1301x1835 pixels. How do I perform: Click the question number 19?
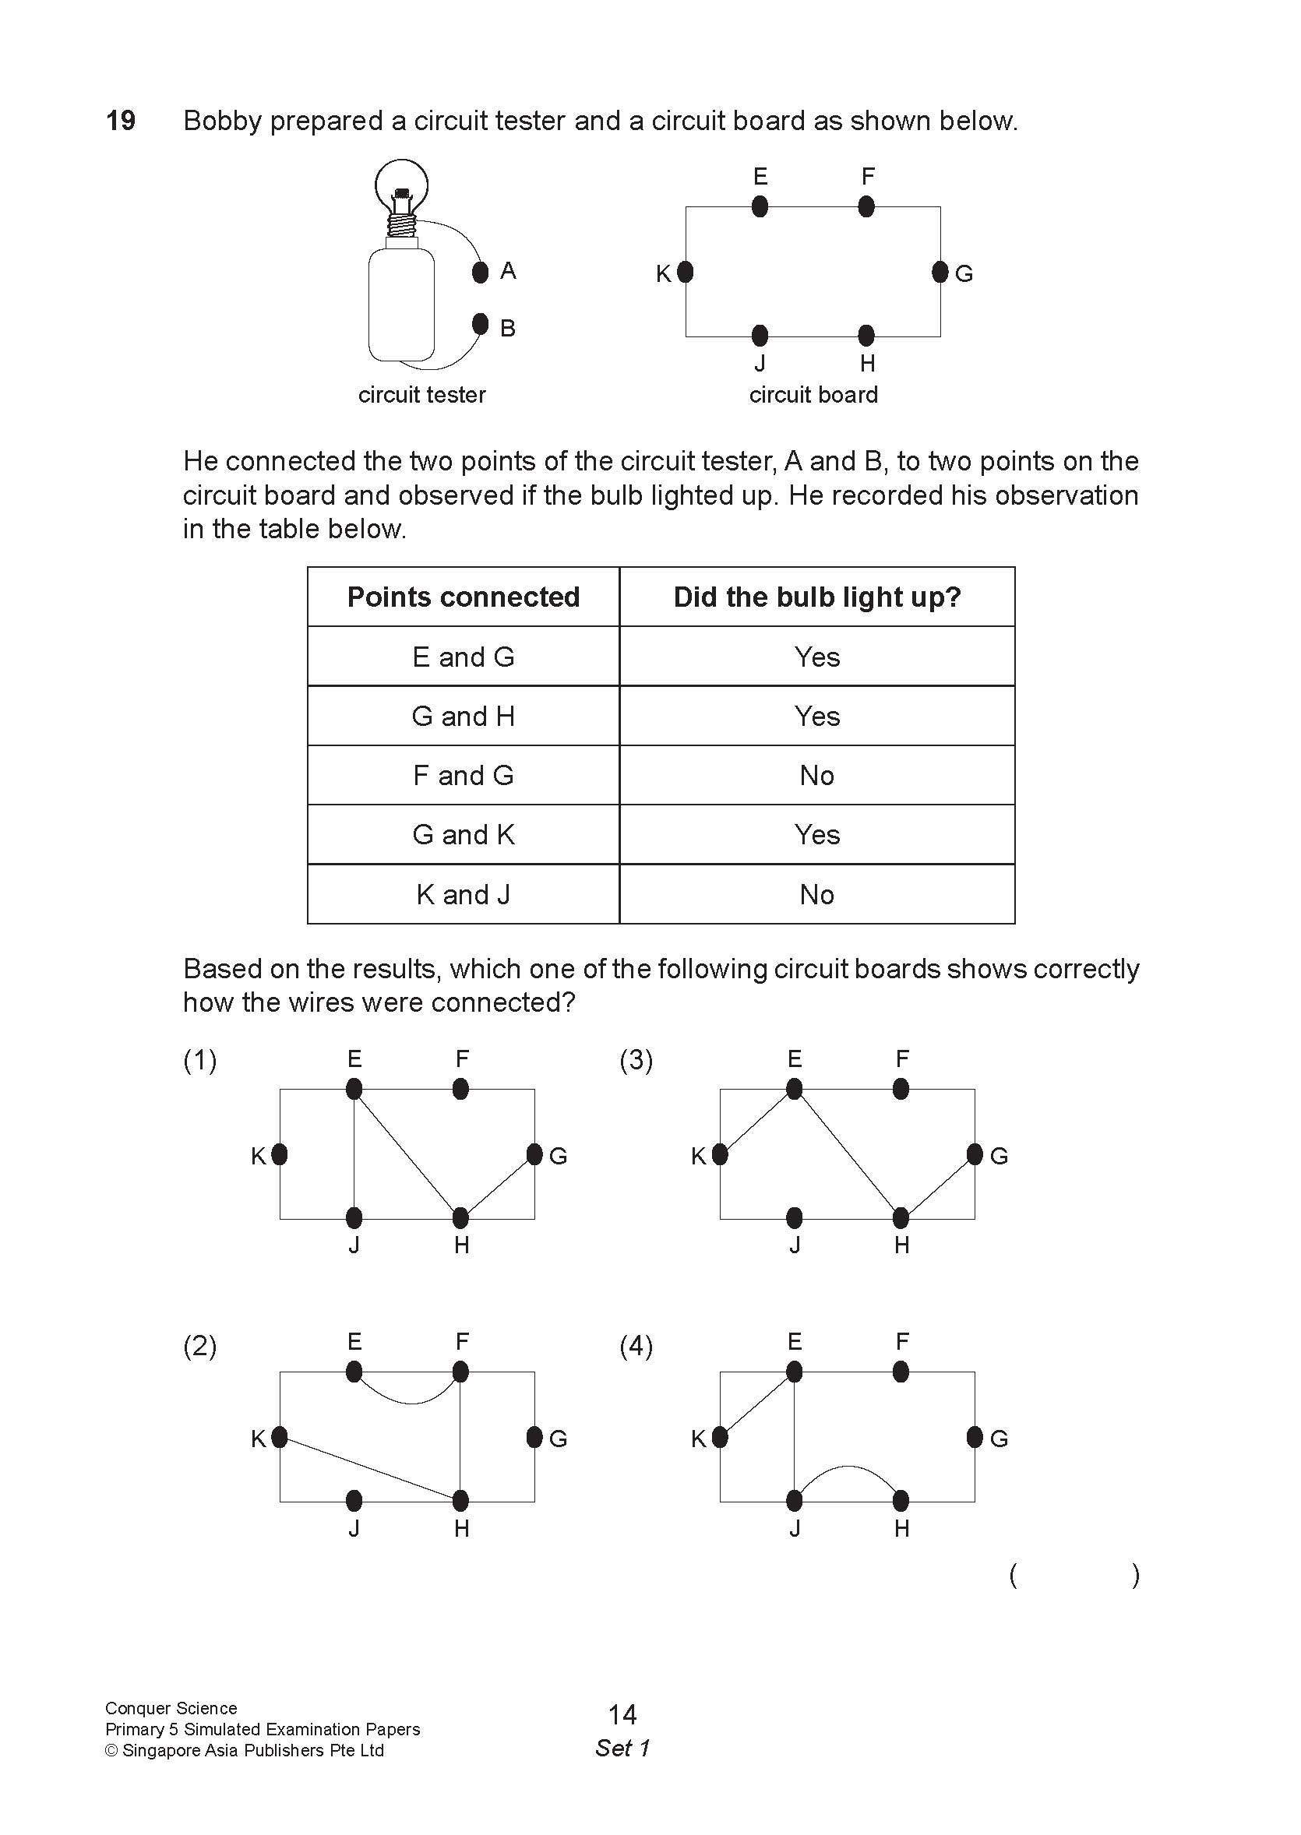(121, 121)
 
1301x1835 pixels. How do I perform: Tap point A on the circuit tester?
(481, 273)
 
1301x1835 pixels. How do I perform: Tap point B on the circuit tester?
(481, 323)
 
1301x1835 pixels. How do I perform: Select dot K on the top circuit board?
(685, 273)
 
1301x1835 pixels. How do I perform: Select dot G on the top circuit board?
(940, 273)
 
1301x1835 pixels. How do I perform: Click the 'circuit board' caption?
(813, 395)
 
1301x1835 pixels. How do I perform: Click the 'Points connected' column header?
(463, 597)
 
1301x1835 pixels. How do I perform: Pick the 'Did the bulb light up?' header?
(816, 597)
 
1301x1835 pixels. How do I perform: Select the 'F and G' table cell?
(463, 775)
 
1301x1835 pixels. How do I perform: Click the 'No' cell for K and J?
(816, 895)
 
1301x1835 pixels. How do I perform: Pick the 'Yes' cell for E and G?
(816, 657)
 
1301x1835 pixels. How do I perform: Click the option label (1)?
(199, 1061)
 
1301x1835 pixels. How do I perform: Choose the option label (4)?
(636, 1346)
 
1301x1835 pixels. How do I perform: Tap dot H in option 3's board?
(901, 1218)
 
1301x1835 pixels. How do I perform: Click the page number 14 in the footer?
(622, 1715)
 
